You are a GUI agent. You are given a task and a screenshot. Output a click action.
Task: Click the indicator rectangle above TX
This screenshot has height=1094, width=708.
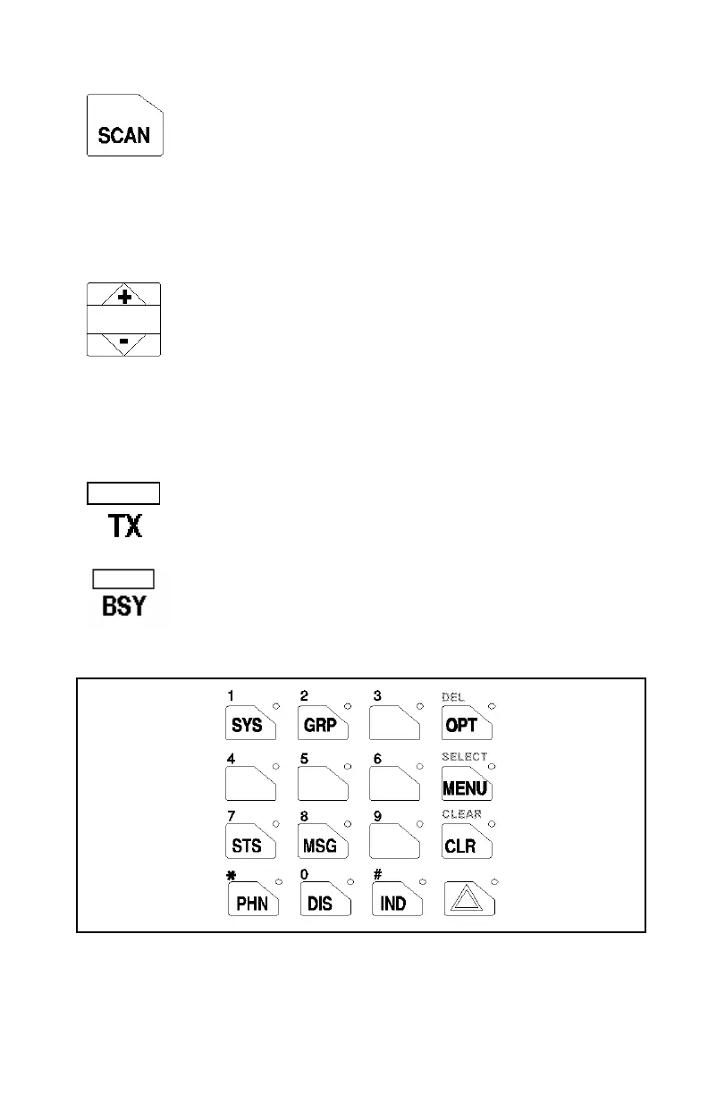click(x=123, y=493)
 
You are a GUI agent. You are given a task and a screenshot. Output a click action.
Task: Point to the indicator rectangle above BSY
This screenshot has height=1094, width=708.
click(x=123, y=578)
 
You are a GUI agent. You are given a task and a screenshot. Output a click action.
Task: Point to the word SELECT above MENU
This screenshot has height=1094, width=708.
click(x=464, y=756)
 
